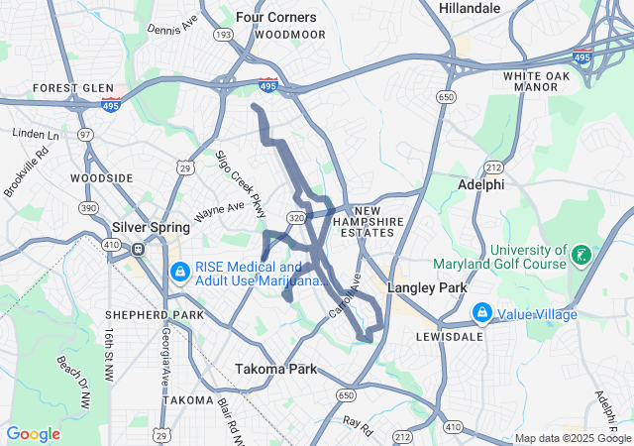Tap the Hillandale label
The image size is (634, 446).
[471, 8]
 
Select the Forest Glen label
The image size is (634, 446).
[73, 87]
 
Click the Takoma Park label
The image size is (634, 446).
[276, 369]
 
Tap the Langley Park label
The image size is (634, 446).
[427, 287]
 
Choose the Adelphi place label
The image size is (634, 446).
[482, 184]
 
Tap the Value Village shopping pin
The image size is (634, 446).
[481, 313]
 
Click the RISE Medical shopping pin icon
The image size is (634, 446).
[180, 270]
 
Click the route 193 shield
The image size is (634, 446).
[225, 35]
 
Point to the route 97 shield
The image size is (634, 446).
[86, 134]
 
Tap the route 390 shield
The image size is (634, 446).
[90, 207]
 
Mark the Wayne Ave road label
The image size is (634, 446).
[219, 211]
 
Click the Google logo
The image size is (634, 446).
[33, 434]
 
